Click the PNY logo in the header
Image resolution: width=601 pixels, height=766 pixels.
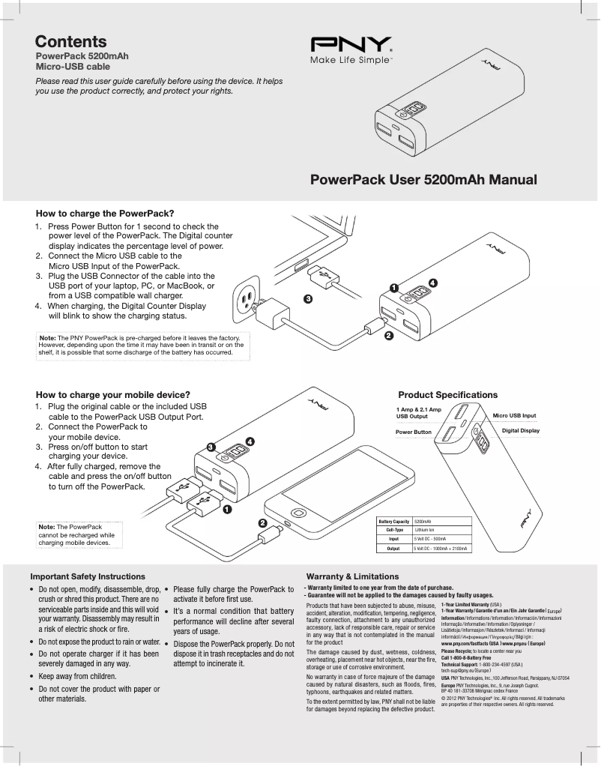[x=352, y=44]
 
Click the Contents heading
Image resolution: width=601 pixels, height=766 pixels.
[x=71, y=42]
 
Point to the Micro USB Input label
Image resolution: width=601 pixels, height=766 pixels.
[x=514, y=415]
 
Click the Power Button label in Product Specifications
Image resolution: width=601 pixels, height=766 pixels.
[x=414, y=432]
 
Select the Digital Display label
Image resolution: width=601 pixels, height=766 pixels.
[x=521, y=431]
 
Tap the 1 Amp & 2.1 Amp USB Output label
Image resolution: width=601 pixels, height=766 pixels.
[x=418, y=412]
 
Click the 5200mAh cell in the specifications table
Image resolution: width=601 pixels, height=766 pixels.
[x=424, y=521]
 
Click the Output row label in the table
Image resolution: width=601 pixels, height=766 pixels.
[x=393, y=549]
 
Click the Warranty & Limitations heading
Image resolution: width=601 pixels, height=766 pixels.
[x=348, y=576]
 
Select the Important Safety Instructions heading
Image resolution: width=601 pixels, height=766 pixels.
[x=88, y=576]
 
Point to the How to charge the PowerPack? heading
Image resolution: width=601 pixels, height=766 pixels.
[x=105, y=212]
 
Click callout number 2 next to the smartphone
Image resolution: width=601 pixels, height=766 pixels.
[x=262, y=522]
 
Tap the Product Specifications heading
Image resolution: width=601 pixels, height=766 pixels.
[x=447, y=394]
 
